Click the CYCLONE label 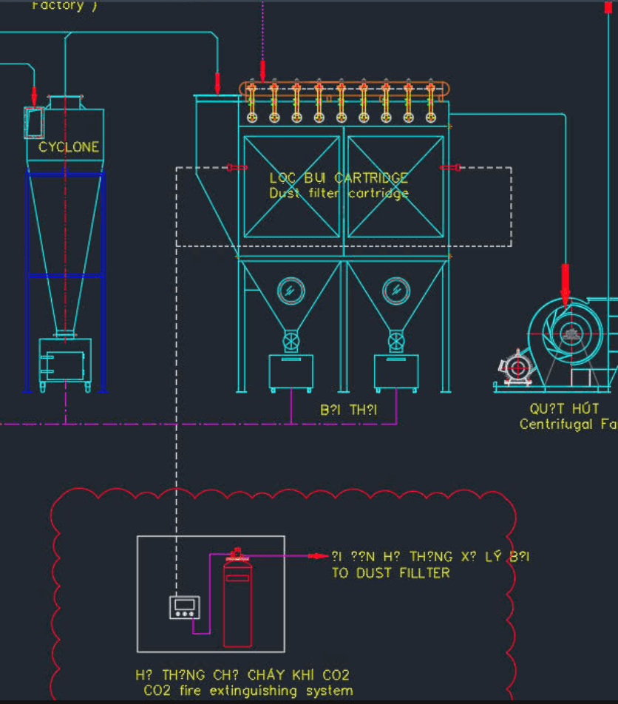click(x=69, y=147)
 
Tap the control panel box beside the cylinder click(x=184, y=607)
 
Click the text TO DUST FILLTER click(x=390, y=573)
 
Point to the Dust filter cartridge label click(x=339, y=194)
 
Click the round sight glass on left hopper click(x=291, y=291)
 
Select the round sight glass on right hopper click(x=396, y=291)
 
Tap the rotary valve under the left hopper click(x=291, y=342)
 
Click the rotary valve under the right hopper click(x=396, y=342)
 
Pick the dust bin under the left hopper click(x=291, y=372)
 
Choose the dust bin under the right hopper click(x=396, y=372)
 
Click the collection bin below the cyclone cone click(x=65, y=360)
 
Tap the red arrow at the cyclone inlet click(x=34, y=95)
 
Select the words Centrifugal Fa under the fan click(x=567, y=424)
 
